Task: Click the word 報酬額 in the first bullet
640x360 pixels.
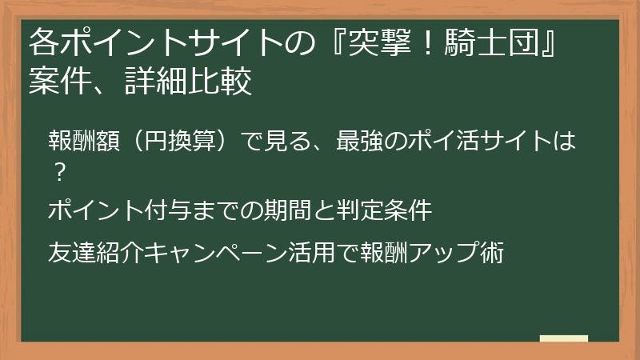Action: [84, 140]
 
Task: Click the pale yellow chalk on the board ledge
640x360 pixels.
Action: [564, 338]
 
